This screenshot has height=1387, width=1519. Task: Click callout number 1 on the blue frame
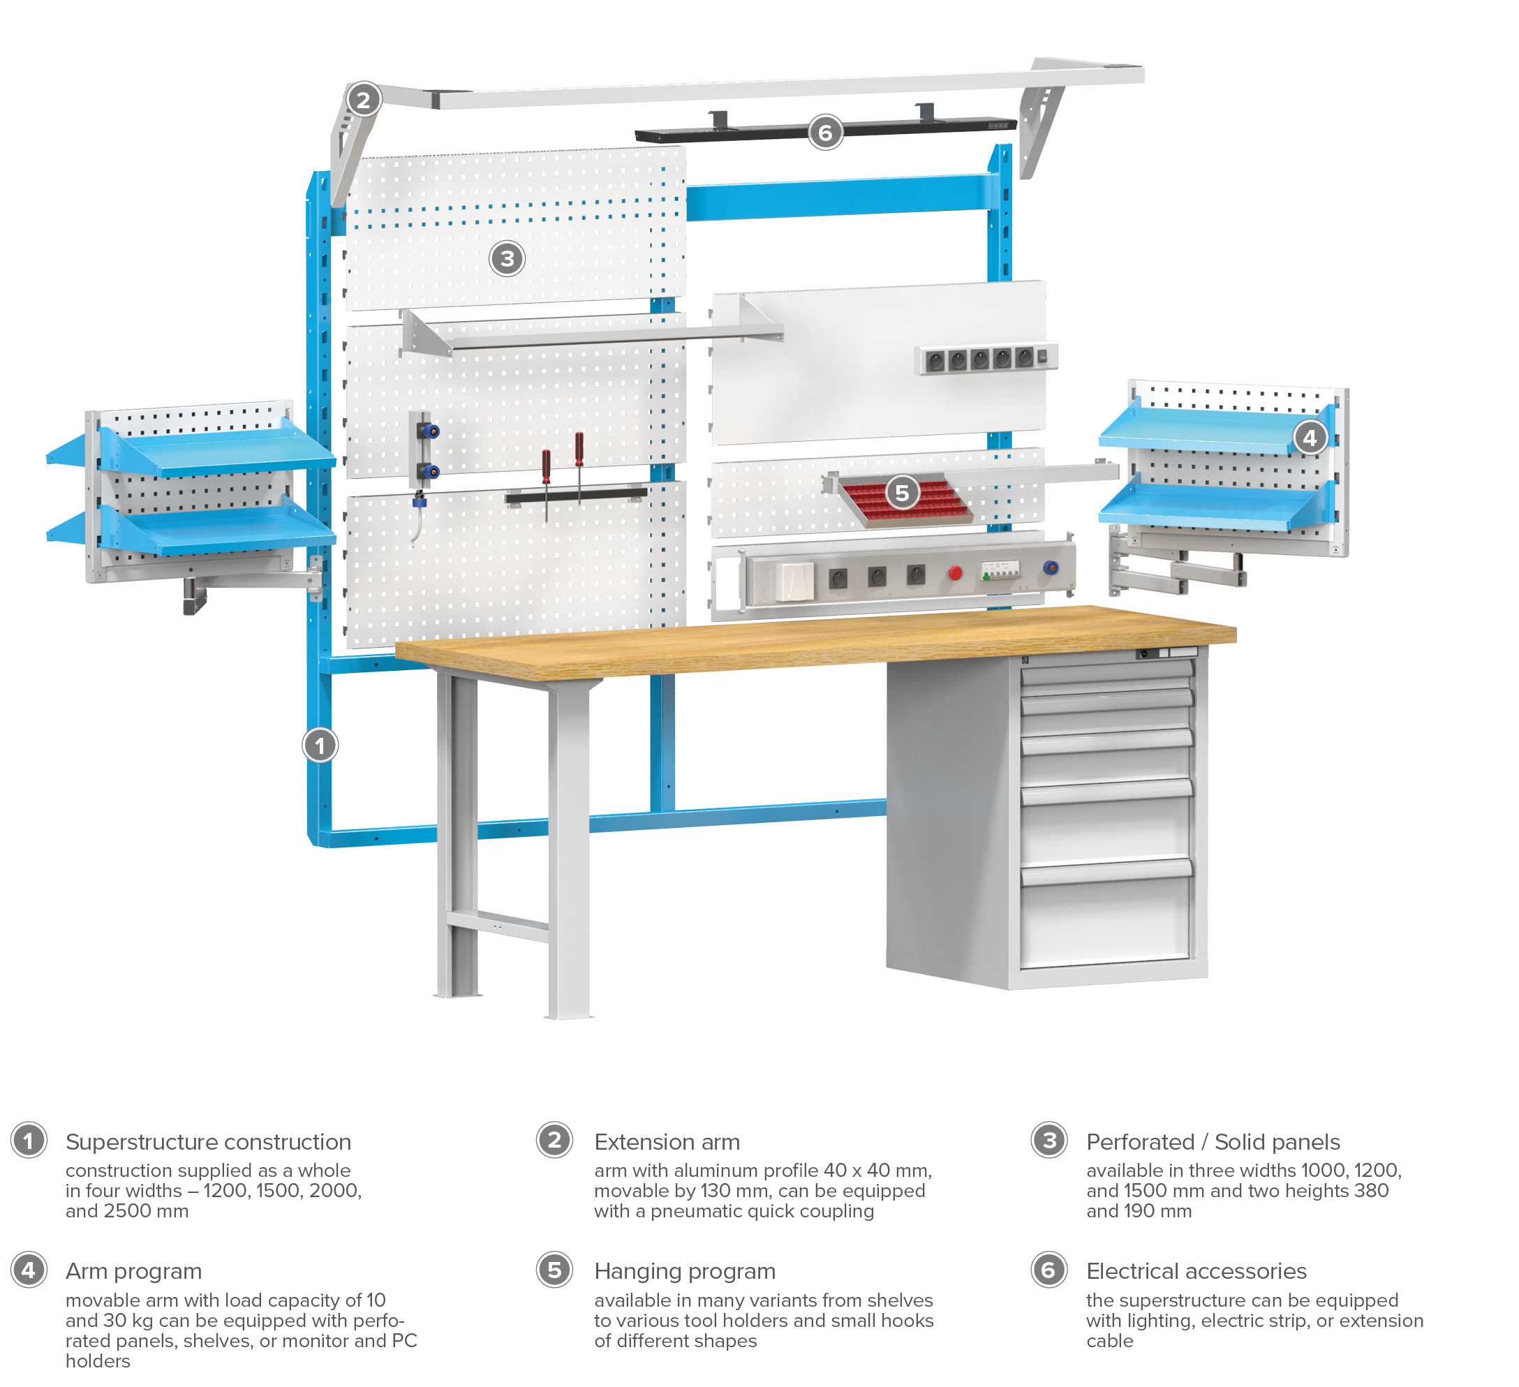[320, 746]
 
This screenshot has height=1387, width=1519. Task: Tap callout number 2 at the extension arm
[364, 99]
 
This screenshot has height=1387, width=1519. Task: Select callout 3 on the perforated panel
[507, 258]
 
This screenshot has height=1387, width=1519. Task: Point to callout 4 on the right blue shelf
[1310, 437]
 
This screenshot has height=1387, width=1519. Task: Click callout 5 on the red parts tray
[902, 493]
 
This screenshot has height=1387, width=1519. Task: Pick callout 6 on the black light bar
[826, 133]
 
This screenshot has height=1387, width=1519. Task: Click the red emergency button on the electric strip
[956, 573]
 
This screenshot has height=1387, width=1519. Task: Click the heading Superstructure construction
[208, 1142]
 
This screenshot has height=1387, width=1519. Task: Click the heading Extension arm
[667, 1142]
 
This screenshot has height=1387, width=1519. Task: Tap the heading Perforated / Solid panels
[1213, 1142]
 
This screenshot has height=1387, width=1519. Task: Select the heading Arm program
[133, 1272]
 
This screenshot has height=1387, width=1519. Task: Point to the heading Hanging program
[685, 1272]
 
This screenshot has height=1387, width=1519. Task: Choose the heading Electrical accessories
[1196, 1272]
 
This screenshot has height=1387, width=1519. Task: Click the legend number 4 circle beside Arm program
[29, 1270]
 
